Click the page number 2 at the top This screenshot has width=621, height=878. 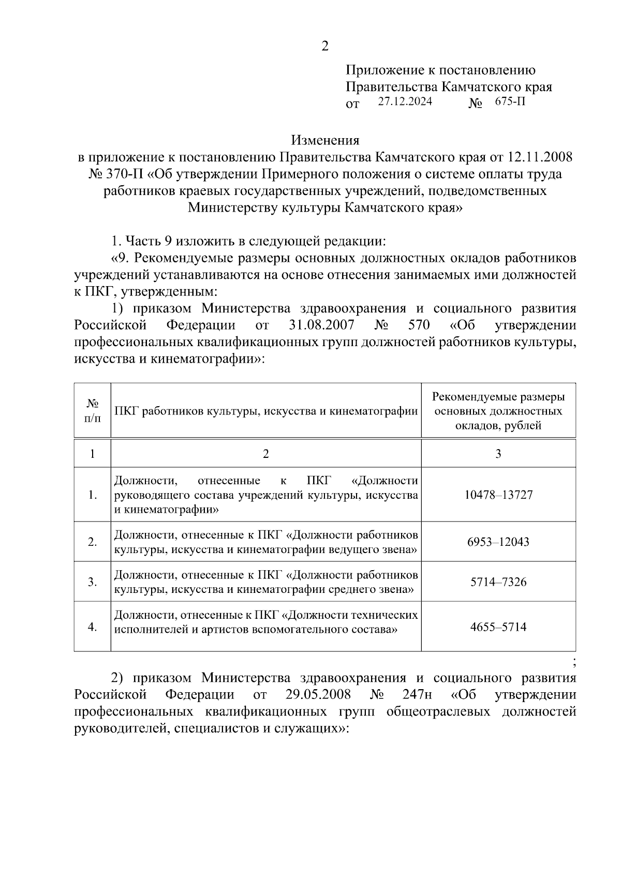pos(324,47)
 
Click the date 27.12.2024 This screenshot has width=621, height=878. pos(405,101)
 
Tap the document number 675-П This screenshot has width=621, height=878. pos(510,101)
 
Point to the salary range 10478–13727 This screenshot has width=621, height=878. pos(498,495)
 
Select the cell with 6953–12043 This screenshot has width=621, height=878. pos(498,542)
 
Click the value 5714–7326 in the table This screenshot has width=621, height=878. pos(498,582)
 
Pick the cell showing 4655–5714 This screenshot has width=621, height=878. pos(498,627)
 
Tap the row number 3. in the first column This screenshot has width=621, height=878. pos(92,582)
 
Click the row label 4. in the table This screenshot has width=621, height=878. pos(92,627)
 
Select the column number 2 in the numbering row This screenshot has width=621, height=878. pos(266,454)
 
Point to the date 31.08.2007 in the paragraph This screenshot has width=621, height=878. pos(320,325)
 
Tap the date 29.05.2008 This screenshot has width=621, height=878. pos(318,694)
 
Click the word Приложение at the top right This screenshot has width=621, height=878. pos(381,70)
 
